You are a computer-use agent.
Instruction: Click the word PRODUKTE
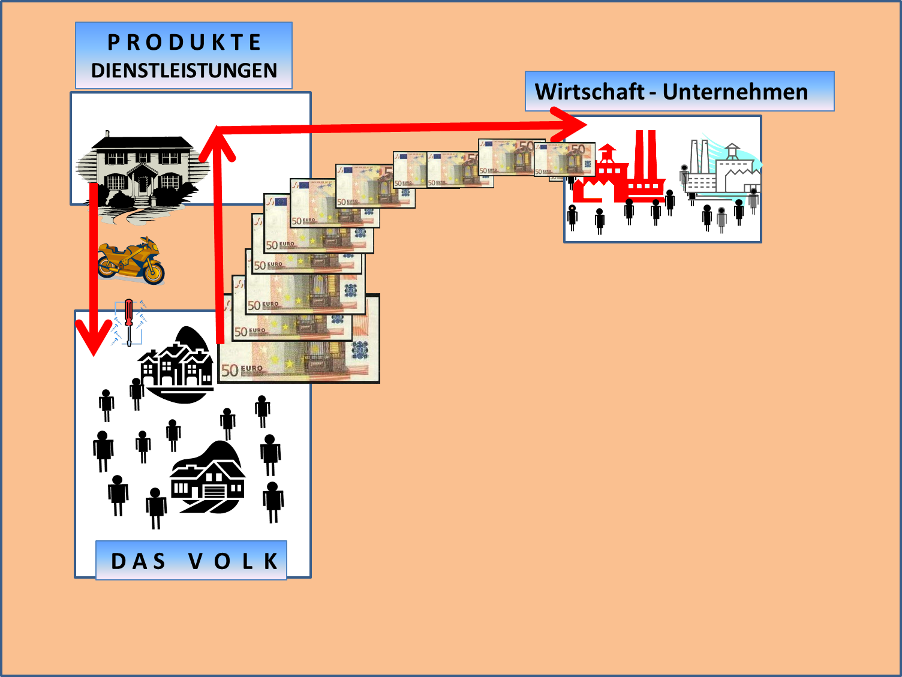coord(184,43)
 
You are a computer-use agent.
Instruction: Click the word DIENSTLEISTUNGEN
coord(184,71)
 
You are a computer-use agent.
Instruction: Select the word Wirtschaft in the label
coord(589,92)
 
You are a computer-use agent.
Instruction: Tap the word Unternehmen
coord(735,92)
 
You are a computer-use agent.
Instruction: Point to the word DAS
coord(139,561)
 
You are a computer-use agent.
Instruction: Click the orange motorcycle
coord(131,260)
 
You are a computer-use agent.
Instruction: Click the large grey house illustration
coord(142,171)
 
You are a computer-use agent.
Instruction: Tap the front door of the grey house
coord(143,183)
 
